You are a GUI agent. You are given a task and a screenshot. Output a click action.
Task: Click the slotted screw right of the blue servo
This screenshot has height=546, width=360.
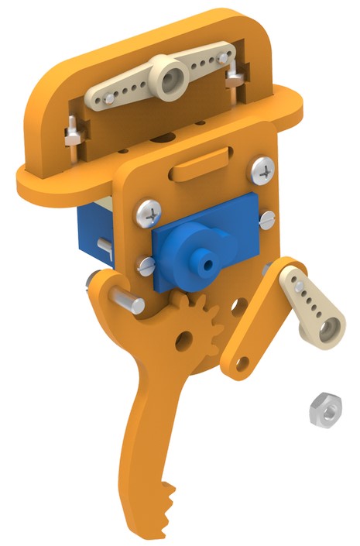(267, 219)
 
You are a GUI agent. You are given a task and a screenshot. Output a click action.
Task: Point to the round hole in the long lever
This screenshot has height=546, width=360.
(183, 339)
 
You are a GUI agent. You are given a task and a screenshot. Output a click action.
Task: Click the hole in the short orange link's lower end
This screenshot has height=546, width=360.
(242, 362)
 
